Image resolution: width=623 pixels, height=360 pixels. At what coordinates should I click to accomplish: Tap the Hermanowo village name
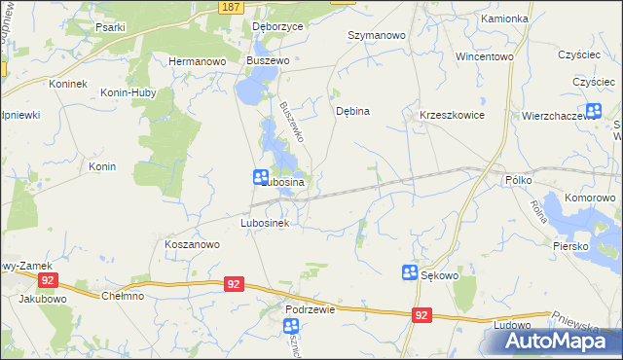tap(198, 60)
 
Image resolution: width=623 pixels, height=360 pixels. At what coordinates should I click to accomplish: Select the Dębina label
tap(352, 111)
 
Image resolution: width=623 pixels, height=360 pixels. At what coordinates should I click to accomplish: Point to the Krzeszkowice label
tap(452, 115)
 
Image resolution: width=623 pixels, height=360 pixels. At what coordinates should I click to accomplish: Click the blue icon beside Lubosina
tap(262, 177)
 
